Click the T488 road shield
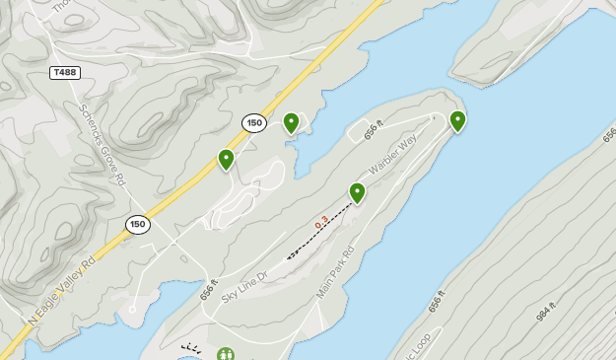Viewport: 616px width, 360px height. click(x=65, y=72)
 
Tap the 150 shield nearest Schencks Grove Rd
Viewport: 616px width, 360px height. click(x=254, y=122)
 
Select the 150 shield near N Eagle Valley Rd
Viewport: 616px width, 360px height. click(x=138, y=225)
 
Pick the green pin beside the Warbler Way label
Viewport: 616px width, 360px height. click(x=358, y=192)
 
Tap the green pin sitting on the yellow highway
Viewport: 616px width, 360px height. click(x=226, y=159)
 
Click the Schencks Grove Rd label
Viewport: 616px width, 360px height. click(x=103, y=145)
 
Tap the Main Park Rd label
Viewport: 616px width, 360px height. click(x=335, y=273)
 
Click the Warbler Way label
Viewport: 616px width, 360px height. click(x=393, y=152)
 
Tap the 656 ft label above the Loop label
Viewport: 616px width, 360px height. click(x=437, y=303)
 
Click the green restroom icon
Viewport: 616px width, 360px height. click(x=227, y=354)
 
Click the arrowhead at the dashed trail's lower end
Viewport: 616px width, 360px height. click(x=289, y=257)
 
